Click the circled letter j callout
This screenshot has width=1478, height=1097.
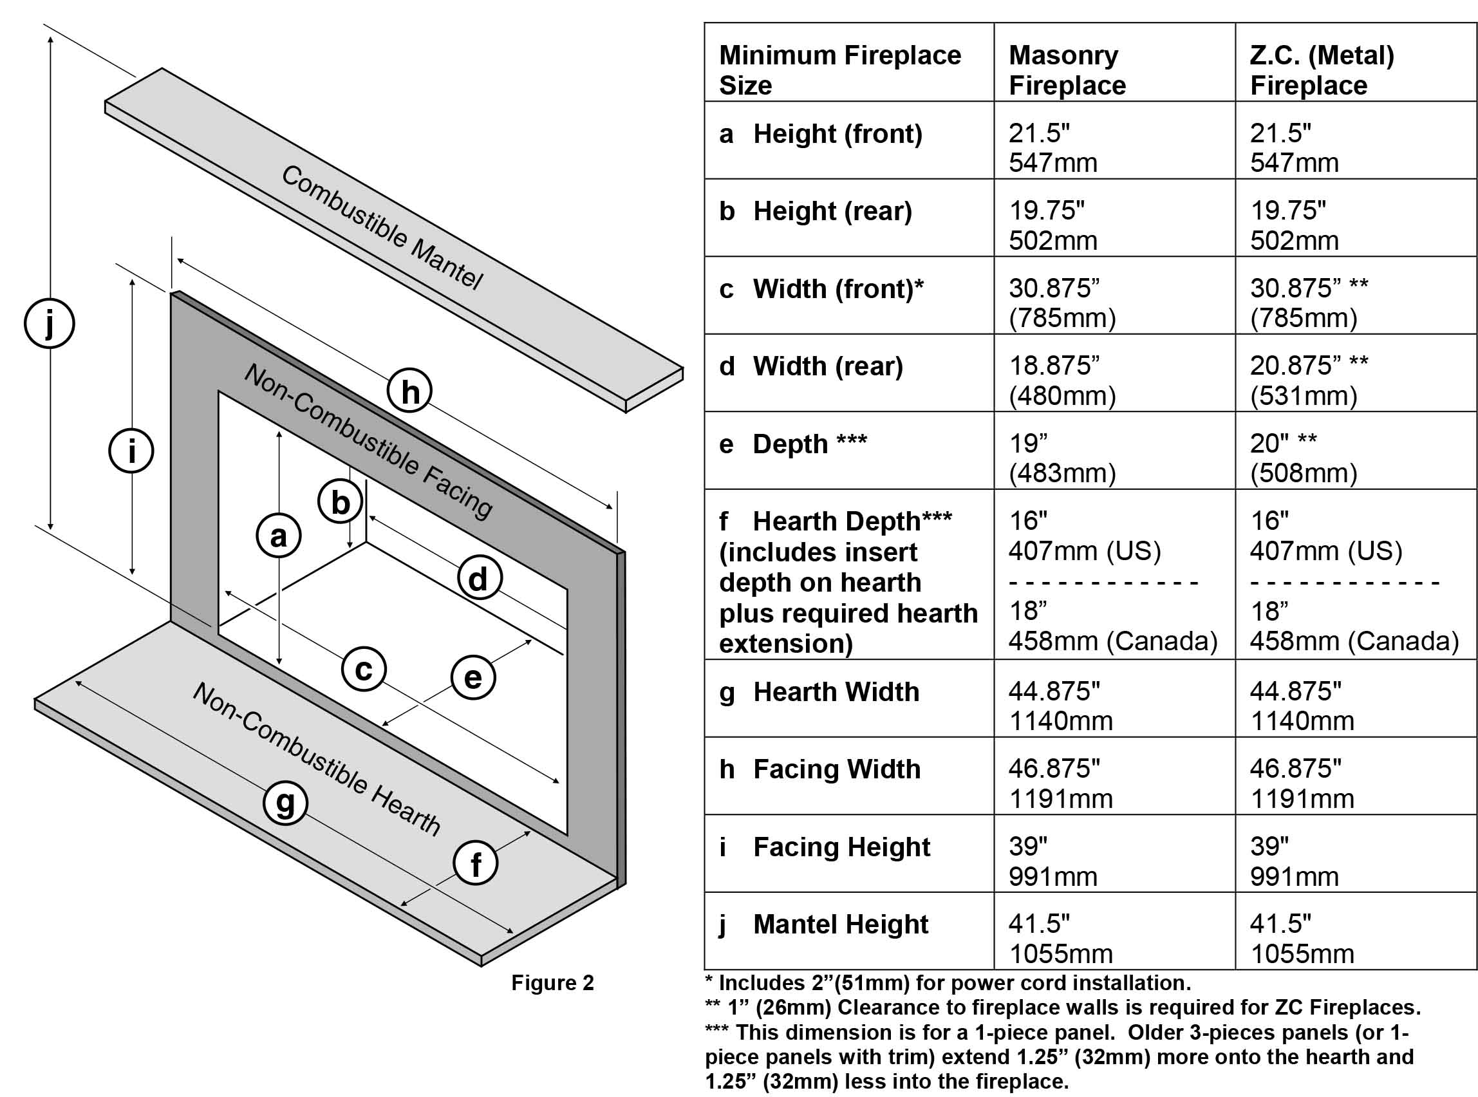tap(49, 324)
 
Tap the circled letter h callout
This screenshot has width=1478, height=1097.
tap(409, 391)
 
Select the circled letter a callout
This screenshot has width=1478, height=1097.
tap(279, 536)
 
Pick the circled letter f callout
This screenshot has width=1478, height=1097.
tap(476, 864)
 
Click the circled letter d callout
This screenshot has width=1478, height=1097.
tap(480, 578)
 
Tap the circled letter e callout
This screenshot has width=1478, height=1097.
tap(473, 677)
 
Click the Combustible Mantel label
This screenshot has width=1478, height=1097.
tap(382, 228)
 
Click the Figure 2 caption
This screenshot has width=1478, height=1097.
tap(552, 983)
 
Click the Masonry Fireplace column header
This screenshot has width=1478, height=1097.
tap(1067, 70)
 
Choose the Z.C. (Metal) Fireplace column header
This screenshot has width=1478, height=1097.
tap(1322, 70)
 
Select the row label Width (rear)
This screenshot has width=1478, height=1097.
tap(827, 366)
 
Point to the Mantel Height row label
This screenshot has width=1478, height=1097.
tap(840, 924)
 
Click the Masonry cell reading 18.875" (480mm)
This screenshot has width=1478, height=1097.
tap(1062, 380)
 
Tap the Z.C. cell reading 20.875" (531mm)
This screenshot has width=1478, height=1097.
tap(1308, 380)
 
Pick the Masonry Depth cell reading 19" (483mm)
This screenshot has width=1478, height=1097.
tap(1062, 458)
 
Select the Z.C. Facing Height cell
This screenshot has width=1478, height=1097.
tap(1295, 861)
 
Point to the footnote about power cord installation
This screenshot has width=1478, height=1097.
tap(948, 983)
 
